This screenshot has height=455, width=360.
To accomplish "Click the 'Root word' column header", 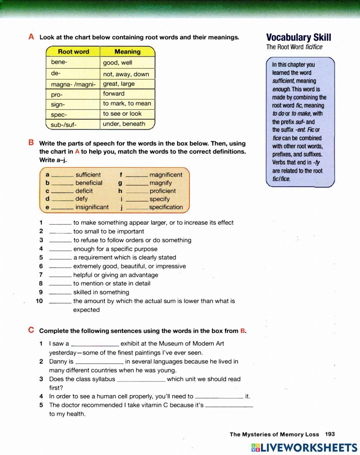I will [73, 51].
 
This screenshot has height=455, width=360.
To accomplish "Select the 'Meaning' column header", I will [127, 51].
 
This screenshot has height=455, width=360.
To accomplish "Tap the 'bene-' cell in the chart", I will [59, 62].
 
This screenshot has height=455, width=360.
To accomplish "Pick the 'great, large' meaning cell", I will [119, 84].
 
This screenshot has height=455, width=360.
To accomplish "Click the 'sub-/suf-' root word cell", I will [64, 125].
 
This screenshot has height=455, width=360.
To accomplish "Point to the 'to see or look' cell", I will [122, 114].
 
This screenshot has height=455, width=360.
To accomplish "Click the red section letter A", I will [31, 37].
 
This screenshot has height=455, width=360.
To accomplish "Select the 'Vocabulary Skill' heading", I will [298, 37].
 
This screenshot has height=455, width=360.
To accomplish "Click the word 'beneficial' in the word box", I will [89, 183].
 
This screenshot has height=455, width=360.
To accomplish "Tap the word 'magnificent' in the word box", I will [166, 175].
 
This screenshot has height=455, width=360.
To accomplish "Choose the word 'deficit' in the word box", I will [84, 191].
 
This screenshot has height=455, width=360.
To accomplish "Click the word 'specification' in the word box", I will [166, 207].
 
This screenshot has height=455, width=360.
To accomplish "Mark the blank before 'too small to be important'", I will [60, 232].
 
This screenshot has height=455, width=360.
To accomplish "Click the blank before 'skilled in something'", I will [60, 293].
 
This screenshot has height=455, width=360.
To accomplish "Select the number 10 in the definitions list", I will [39, 301].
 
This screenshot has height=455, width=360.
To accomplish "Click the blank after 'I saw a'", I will [95, 344].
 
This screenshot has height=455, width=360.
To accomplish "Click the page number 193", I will [330, 434].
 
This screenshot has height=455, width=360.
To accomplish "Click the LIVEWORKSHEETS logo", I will [304, 447].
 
